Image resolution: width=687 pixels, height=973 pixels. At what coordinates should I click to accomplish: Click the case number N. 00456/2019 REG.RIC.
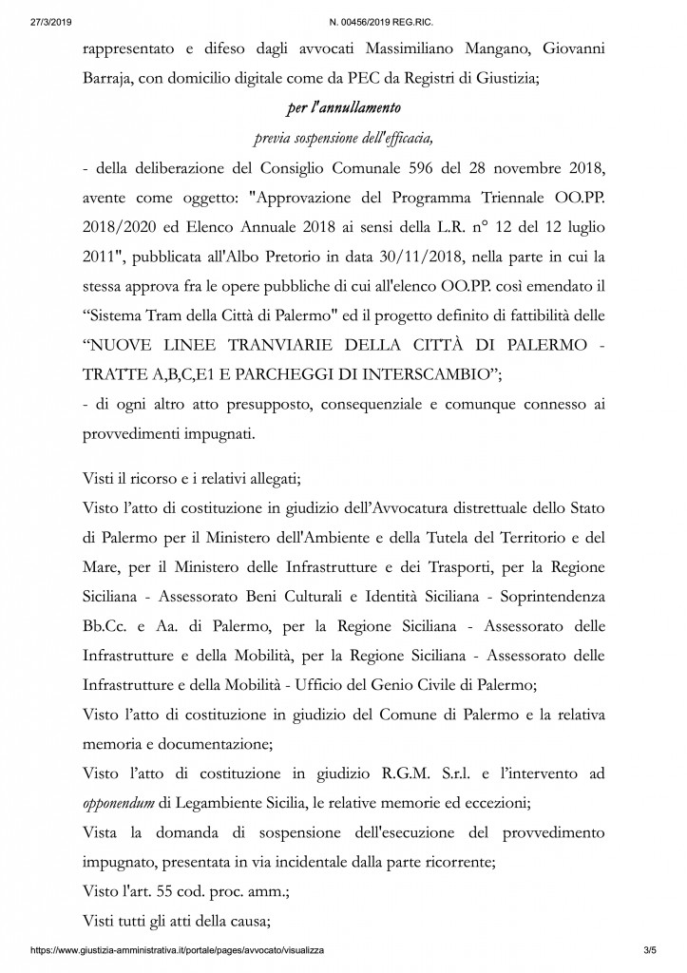click(342, 9)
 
